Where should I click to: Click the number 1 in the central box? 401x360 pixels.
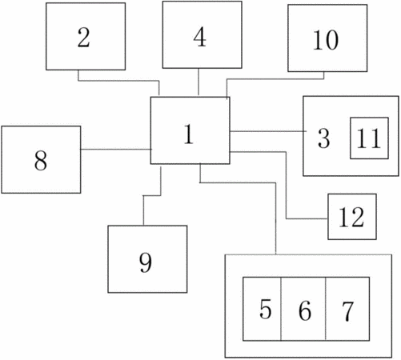(189, 134)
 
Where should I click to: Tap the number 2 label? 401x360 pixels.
(83, 38)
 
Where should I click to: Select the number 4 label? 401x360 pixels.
(200, 37)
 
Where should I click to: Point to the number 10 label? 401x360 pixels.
(326, 40)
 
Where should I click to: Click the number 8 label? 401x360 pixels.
(41, 160)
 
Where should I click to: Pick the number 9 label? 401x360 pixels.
(146, 262)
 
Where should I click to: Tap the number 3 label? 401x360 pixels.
(324, 138)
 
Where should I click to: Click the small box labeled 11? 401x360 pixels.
(369, 138)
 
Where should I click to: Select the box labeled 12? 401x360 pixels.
(352, 217)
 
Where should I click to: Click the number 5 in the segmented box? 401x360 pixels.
(266, 309)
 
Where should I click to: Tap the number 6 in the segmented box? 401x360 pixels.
(305, 310)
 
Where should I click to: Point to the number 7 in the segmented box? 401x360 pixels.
(347, 311)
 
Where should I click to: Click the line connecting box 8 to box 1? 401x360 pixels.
(116, 150)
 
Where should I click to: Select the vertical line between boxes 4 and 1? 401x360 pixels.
(198, 82)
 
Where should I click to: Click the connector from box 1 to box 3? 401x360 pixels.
(268, 131)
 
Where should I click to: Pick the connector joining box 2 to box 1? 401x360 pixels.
(118, 80)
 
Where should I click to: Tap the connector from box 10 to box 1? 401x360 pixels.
(275, 79)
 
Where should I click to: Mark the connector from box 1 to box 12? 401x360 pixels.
(287, 186)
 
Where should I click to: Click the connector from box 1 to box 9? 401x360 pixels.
(152, 195)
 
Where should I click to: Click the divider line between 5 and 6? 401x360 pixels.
(281, 309)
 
